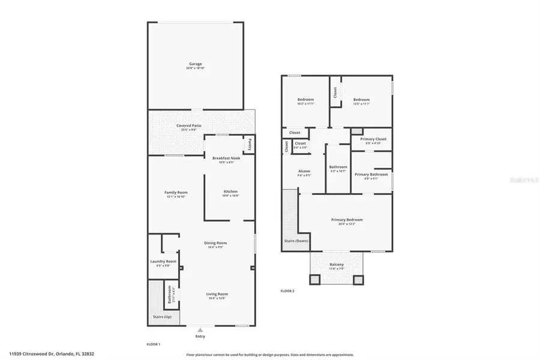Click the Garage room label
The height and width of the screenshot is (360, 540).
tap(195, 64)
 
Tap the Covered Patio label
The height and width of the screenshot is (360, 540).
tap(188, 125)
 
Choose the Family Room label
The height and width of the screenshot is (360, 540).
tap(176, 192)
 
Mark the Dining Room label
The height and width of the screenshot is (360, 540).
tap(217, 242)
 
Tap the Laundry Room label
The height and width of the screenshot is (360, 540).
tap(163, 262)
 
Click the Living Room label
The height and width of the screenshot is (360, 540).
tap(217, 293)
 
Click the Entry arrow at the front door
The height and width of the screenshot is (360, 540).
tap(199, 329)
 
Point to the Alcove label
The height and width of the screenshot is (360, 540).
tap(304, 172)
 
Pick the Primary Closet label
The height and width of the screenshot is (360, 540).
tap(373, 139)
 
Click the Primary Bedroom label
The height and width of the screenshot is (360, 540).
tap(347, 220)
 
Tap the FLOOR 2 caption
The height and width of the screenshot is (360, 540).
tap(287, 290)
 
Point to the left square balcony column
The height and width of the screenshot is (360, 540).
tap(315, 279)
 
